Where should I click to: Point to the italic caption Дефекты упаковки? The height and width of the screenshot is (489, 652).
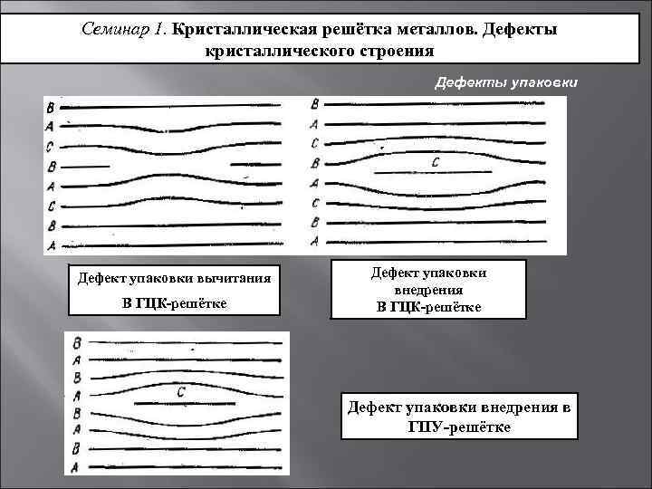[505, 83]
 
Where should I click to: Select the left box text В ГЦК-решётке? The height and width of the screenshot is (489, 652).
[175, 301]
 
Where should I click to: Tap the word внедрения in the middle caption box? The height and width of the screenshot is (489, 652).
[429, 290]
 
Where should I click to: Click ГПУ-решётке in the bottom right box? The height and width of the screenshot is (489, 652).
[460, 426]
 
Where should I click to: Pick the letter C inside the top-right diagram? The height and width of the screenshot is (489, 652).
[436, 162]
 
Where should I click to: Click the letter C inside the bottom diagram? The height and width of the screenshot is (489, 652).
[181, 392]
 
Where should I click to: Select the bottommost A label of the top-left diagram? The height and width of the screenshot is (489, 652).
[51, 245]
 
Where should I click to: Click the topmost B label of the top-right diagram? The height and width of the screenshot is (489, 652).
[314, 103]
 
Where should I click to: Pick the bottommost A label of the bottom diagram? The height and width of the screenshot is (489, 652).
[77, 465]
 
